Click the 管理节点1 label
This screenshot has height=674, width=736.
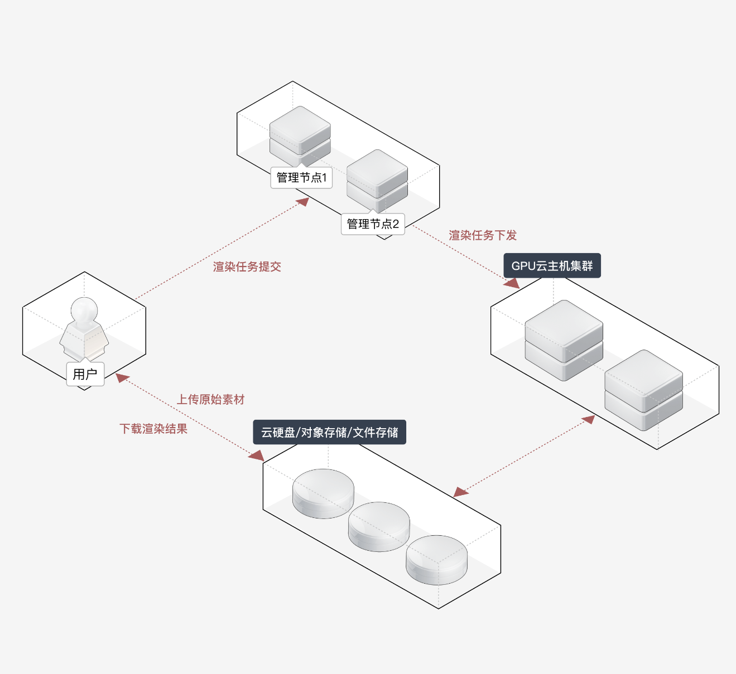(x=301, y=178)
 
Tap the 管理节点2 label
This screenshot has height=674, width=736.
(x=373, y=224)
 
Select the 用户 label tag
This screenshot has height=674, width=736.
(x=85, y=374)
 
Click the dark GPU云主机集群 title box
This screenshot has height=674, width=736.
(x=552, y=266)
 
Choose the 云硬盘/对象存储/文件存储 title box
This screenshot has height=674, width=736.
(x=329, y=433)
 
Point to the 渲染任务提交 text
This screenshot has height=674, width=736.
(x=247, y=267)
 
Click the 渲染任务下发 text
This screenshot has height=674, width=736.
(x=483, y=235)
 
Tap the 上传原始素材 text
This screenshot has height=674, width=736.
(x=210, y=400)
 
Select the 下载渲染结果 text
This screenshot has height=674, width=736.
(x=153, y=429)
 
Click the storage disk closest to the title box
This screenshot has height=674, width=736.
(x=323, y=493)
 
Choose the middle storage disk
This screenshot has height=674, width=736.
(x=379, y=526)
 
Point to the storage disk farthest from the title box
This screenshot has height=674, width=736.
(x=436, y=560)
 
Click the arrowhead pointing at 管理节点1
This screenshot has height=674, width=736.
(x=303, y=201)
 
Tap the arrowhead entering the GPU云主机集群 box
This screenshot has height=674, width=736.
(x=512, y=283)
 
